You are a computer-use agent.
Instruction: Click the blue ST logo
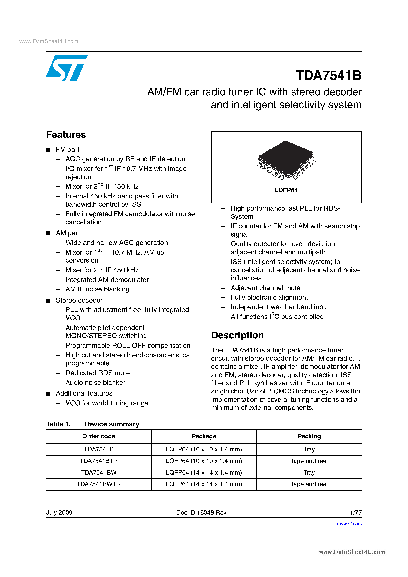(x=67, y=68)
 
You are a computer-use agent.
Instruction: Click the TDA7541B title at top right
(x=328, y=75)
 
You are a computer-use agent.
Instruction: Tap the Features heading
(x=66, y=135)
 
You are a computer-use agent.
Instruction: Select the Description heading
(x=237, y=335)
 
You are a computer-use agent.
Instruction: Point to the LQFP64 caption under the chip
(x=286, y=190)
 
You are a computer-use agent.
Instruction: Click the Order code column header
(x=98, y=436)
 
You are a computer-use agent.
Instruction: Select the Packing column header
(x=309, y=436)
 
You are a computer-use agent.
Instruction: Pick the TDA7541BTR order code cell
(x=98, y=461)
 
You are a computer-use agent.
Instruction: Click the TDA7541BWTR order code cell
(x=98, y=484)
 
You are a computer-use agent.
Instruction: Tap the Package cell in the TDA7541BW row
(x=204, y=473)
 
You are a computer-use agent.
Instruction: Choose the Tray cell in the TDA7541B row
(x=309, y=449)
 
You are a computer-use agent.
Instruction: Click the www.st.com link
(x=349, y=524)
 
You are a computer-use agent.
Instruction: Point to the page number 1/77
(x=356, y=513)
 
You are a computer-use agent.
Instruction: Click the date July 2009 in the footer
(x=59, y=513)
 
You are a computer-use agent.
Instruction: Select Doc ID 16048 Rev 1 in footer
(x=204, y=513)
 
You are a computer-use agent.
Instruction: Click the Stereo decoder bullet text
(x=79, y=300)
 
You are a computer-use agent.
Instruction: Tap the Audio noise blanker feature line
(x=95, y=382)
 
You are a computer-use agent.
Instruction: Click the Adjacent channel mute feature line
(x=265, y=288)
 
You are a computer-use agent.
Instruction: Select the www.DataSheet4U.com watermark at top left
(x=49, y=41)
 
